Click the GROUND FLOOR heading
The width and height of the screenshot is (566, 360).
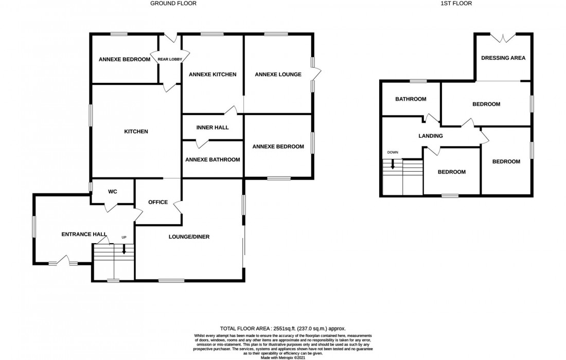(x=173, y=3)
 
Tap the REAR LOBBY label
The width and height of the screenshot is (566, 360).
(x=170, y=60)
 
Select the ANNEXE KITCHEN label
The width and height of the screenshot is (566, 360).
(x=213, y=75)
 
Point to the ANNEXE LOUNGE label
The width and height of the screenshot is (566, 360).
(x=278, y=75)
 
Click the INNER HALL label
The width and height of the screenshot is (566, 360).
(x=213, y=128)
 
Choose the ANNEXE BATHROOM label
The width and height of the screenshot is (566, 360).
(x=213, y=159)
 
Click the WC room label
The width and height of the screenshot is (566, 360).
(x=113, y=191)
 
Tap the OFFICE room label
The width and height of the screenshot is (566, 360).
(x=157, y=202)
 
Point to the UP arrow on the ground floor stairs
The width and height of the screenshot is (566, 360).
(x=124, y=249)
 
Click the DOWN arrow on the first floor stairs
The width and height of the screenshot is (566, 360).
(x=393, y=164)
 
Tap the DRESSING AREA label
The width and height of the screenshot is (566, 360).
(x=503, y=58)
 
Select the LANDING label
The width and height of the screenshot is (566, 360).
(x=430, y=136)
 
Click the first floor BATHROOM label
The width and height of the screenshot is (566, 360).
(x=410, y=99)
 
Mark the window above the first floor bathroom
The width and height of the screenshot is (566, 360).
(x=418, y=81)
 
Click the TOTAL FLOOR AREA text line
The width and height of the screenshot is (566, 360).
(x=283, y=328)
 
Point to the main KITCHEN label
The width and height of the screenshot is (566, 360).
(x=136, y=132)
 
